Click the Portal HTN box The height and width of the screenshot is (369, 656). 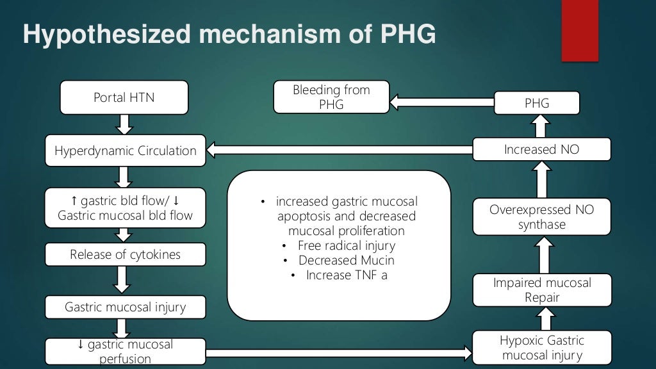click(x=124, y=97)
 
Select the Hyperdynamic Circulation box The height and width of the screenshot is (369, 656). click(x=125, y=151)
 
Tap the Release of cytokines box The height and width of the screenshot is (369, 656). click(x=125, y=254)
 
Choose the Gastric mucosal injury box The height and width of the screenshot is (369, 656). click(x=125, y=307)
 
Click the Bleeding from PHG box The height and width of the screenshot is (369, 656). click(x=331, y=97)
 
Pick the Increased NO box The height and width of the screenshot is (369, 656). click(x=541, y=150)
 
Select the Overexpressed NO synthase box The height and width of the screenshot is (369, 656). click(x=541, y=217)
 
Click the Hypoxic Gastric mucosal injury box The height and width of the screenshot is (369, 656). click(x=541, y=347)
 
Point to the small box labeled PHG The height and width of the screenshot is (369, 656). click(x=537, y=103)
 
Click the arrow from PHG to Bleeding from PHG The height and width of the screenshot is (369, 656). click(x=442, y=102)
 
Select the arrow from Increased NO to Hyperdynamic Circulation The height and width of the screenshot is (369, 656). click(x=340, y=151)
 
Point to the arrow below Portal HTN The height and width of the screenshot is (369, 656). click(x=125, y=124)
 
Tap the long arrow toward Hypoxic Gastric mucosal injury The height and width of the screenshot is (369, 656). click(x=340, y=352)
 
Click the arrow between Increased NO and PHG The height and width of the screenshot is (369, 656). click(x=541, y=126)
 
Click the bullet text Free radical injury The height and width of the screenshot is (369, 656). click(x=346, y=245)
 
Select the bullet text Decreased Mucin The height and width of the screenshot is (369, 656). click(x=346, y=261)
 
